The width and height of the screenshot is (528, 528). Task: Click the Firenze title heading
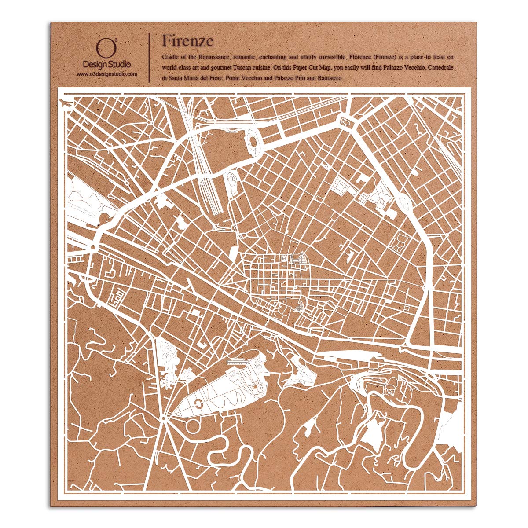[x=187, y=40]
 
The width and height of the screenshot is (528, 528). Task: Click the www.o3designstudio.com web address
[x=107, y=74]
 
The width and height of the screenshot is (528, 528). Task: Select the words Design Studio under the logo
[x=107, y=65]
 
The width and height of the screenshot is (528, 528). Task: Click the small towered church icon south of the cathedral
[x=301, y=304]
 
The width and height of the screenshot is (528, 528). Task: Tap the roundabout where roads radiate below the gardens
[x=163, y=417]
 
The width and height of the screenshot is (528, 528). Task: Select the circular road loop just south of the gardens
[x=193, y=426]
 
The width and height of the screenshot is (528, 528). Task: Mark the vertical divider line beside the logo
[x=149, y=57]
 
